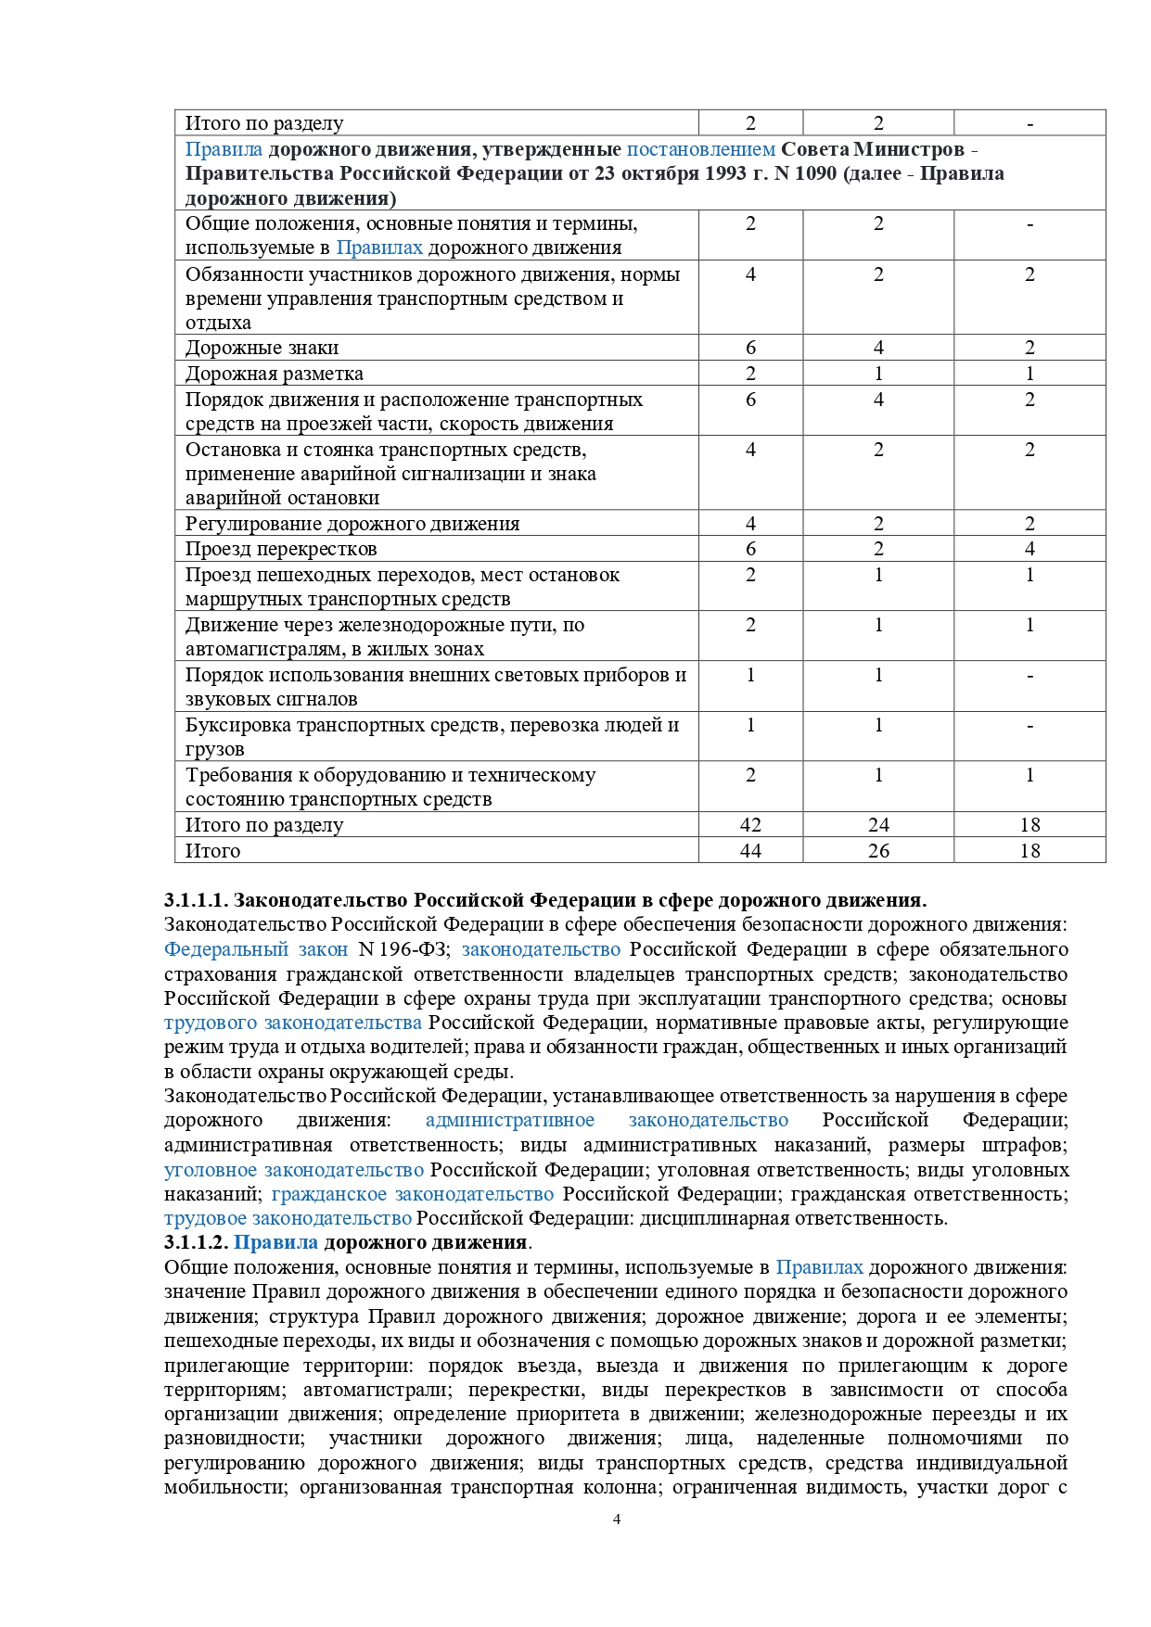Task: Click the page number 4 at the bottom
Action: (617, 1519)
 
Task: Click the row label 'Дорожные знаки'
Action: (262, 348)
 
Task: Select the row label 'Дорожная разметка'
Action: (274, 374)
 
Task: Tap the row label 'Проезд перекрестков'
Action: (281, 549)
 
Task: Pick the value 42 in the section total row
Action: (750, 825)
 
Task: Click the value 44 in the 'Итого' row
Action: (750, 851)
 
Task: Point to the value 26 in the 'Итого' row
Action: (878, 851)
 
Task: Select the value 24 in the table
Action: (878, 825)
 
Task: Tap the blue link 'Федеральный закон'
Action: (256, 949)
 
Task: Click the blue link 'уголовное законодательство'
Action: (294, 1170)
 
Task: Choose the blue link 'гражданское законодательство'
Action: (413, 1194)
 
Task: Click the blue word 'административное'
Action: (510, 1121)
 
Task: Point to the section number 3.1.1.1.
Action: (196, 900)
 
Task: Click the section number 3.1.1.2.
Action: (196, 1242)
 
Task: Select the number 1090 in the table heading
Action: (815, 173)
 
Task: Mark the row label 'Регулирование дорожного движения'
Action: (352, 524)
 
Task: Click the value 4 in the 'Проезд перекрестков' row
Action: (1030, 549)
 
